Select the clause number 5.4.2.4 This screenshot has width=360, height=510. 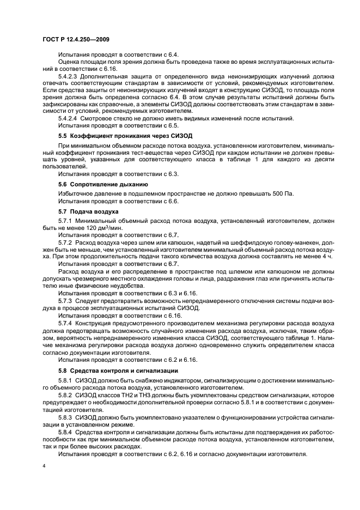(69, 118)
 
